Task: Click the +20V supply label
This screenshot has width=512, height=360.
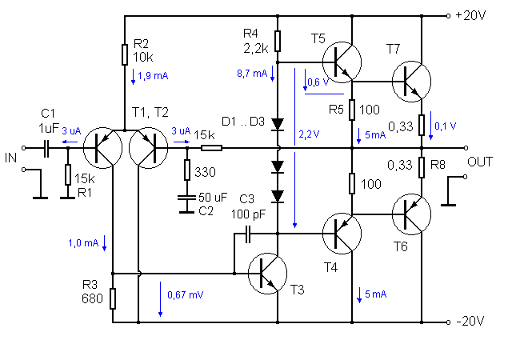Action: [470, 15]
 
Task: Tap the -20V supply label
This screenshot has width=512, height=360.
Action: [470, 322]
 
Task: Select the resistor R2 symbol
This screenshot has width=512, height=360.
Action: [125, 54]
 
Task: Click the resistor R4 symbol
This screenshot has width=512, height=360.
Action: [278, 41]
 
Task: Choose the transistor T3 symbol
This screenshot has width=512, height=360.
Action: [268, 273]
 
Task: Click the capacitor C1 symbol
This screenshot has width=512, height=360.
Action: [46, 148]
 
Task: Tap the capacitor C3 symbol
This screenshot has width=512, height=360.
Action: [248, 234]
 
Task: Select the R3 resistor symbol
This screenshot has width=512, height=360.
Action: [113, 298]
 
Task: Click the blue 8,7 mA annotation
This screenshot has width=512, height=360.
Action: [252, 74]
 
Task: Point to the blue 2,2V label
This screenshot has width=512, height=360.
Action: [309, 134]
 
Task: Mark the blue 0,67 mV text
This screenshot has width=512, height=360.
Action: [185, 294]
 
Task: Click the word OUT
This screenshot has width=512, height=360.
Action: [480, 162]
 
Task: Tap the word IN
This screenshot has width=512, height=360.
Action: [10, 158]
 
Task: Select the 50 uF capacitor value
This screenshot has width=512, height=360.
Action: [213, 197]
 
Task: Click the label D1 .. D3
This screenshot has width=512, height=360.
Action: [243, 122]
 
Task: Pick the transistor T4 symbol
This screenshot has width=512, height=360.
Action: [342, 234]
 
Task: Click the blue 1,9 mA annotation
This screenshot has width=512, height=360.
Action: [153, 76]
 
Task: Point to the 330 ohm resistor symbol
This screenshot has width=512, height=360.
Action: [187, 170]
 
